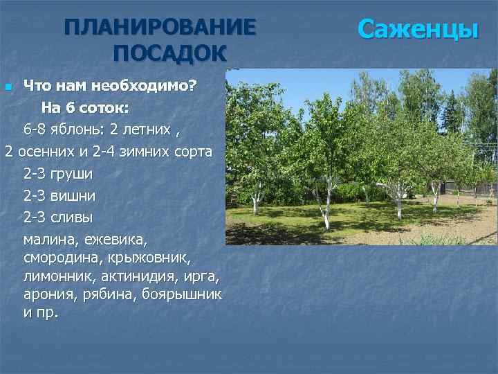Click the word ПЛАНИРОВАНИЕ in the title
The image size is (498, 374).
pos(160,28)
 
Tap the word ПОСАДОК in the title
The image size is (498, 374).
pos(170,53)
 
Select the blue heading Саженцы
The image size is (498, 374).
pos(418,30)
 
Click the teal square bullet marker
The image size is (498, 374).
pos(8,87)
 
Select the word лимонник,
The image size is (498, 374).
pos(56,276)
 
